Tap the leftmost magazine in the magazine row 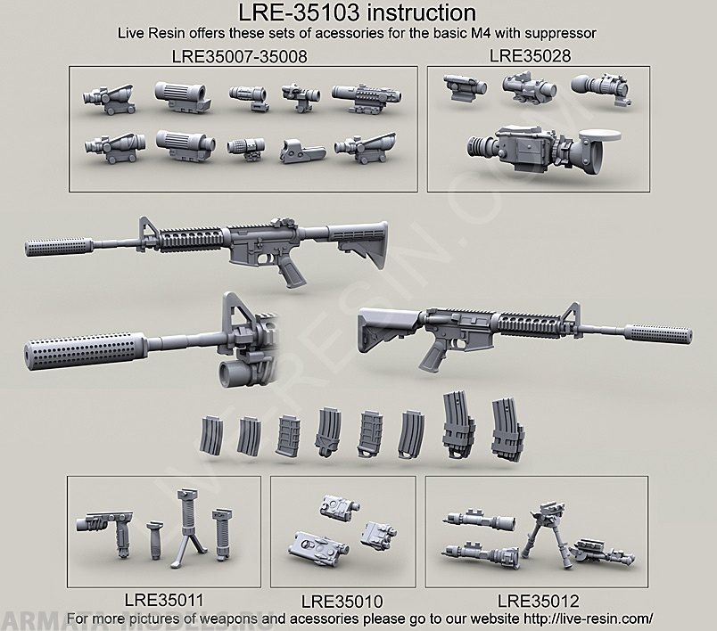click(x=214, y=431)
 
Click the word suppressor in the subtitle click(x=555, y=33)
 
